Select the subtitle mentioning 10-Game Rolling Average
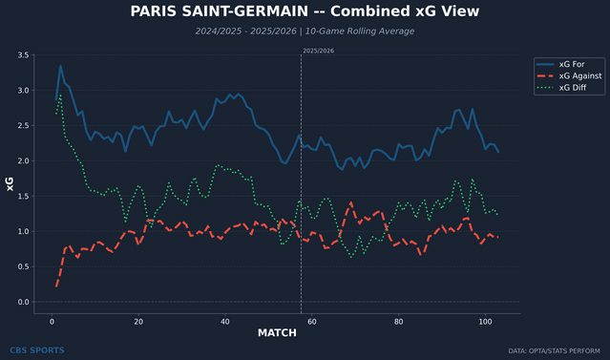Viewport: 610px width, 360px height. click(305, 31)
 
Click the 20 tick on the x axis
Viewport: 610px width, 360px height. click(138, 321)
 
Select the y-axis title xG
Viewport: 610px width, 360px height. click(10, 184)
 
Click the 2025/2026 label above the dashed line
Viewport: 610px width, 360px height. click(319, 50)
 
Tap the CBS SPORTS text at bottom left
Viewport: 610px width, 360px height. click(36, 350)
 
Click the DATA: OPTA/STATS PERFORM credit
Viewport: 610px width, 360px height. click(557, 350)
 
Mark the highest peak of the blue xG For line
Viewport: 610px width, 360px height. click(60, 66)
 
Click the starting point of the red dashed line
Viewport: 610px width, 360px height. click(56, 286)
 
